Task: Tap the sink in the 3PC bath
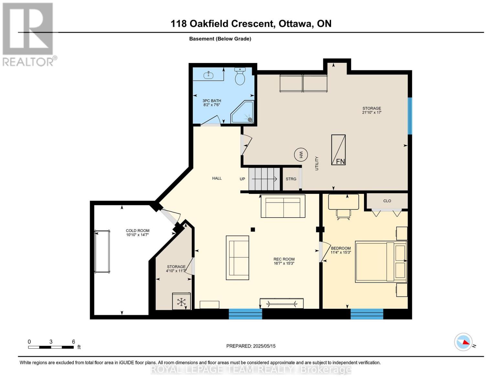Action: pos(208,75)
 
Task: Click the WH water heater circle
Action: pos(301,155)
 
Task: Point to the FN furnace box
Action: pos(338,150)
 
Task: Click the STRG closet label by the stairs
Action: pos(291,179)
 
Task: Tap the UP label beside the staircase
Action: pos(243,179)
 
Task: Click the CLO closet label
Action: pos(387,201)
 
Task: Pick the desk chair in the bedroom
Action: pos(343,215)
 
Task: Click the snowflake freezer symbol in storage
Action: pos(181,302)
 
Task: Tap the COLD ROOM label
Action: pos(138,231)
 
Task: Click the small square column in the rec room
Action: pos(253,230)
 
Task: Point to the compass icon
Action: pos(463,342)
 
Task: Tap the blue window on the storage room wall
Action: pos(410,116)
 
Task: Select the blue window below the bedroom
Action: pos(367,314)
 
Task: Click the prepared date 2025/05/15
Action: pos(264,346)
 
